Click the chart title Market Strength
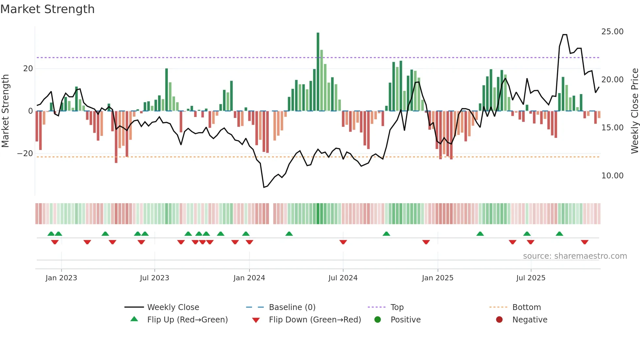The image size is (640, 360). click(47, 9)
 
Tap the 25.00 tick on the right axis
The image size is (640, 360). click(612, 32)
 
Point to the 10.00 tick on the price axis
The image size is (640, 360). click(612, 176)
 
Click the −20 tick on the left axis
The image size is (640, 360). click(25, 154)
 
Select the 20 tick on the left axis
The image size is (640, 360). click(28, 69)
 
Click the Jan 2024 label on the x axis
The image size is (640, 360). click(249, 278)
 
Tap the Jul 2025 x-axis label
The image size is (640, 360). click(531, 278)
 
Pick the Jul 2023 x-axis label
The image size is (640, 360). click(154, 278)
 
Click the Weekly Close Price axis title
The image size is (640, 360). click(634, 111)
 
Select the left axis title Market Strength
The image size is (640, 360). click(5, 111)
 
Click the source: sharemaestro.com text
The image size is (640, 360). click(575, 256)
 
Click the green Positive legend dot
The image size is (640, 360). click(377, 320)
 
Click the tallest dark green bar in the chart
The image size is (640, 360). click(318, 72)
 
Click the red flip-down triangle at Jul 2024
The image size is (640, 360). click(343, 242)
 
